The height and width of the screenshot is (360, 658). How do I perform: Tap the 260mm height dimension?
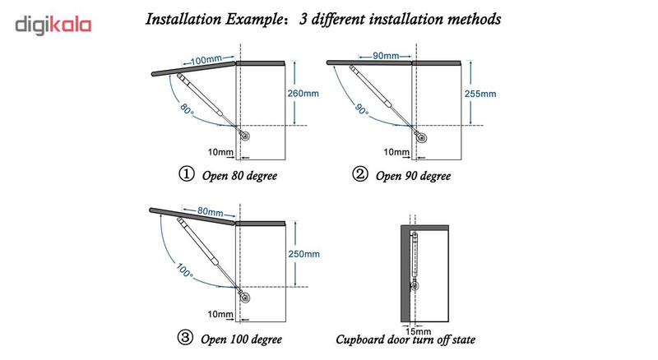[x=301, y=93]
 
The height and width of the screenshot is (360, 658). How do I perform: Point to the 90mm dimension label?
[x=381, y=57]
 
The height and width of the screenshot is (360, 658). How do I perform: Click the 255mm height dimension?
[x=480, y=93]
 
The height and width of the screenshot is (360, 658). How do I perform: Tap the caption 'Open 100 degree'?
[x=234, y=338]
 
